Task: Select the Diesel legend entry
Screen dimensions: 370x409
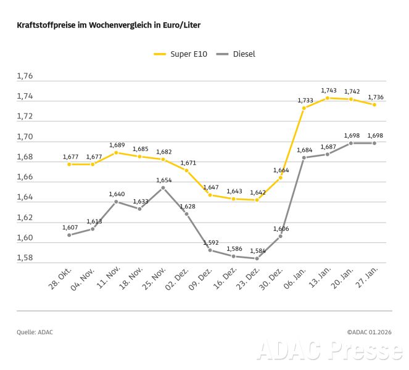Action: pyautogui.click(x=236, y=54)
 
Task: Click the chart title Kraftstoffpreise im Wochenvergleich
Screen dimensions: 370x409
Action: pyautogui.click(x=109, y=25)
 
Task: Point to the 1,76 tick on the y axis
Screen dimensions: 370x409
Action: pyautogui.click(x=25, y=76)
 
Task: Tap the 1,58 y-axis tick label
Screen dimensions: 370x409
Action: pyautogui.click(x=25, y=258)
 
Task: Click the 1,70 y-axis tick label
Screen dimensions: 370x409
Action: pyautogui.click(x=25, y=137)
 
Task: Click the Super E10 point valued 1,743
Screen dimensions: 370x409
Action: pyautogui.click(x=327, y=98)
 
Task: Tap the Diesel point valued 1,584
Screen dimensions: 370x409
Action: pyautogui.click(x=257, y=258)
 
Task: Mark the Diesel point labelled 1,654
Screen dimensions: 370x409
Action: pyautogui.click(x=163, y=187)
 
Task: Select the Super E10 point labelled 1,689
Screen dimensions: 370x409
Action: pyautogui.click(x=116, y=152)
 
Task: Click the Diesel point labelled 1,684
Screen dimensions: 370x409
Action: pyautogui.click(x=304, y=158)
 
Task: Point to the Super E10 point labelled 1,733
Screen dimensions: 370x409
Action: pyautogui.click(x=304, y=108)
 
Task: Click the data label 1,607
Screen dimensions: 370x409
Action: pyautogui.click(x=70, y=228)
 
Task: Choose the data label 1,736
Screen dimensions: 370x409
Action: pyautogui.click(x=376, y=97)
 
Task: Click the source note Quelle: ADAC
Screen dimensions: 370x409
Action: pyautogui.click(x=35, y=332)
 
